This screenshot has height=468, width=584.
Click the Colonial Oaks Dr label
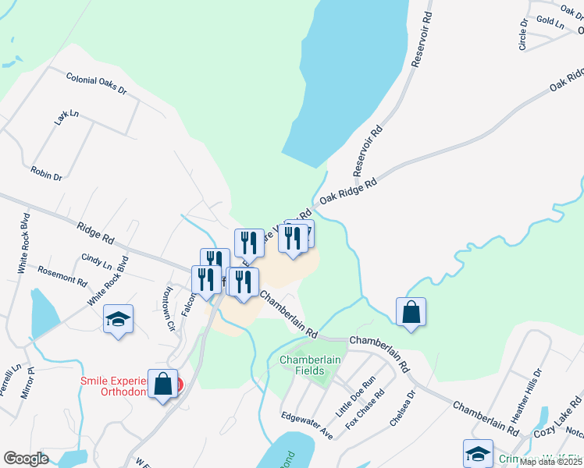coord(96,84)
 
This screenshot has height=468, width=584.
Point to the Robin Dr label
coord(46,174)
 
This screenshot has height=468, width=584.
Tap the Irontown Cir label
coord(166,307)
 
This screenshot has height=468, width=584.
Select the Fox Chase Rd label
coord(370,406)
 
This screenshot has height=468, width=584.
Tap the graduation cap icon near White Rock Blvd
coord(118,319)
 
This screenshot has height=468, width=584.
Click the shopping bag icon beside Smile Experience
coord(162,384)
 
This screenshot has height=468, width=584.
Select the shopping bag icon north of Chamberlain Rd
coord(411,312)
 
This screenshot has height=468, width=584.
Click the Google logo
coord(27,458)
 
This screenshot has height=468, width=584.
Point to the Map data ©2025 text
coord(550,462)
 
